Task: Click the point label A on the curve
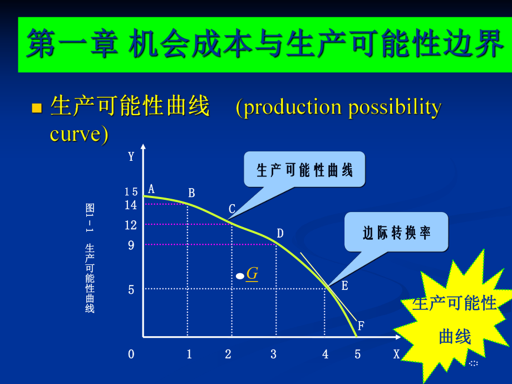pos(151,189)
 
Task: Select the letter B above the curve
pos(191,193)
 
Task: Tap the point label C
pos(232,209)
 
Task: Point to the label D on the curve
pos(280,233)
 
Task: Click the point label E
pos(344,286)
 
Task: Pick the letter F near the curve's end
pos(361,326)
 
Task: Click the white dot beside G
pos(240,275)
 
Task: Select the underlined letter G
pos(252,273)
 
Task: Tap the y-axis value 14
pos(131,205)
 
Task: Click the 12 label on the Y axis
pos(131,225)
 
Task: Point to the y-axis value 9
pos(131,245)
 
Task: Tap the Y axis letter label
pos(131,156)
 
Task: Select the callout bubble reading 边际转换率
pos(396,232)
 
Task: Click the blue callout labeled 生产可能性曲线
pos(304,169)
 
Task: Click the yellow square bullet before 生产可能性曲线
pos(37,107)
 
